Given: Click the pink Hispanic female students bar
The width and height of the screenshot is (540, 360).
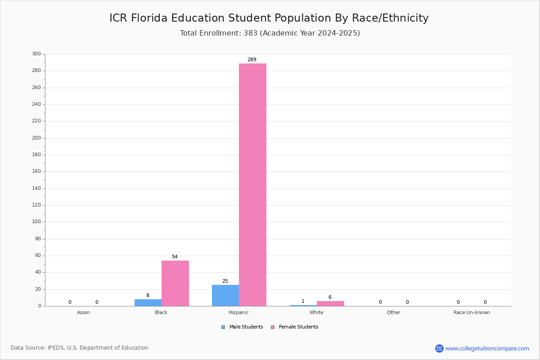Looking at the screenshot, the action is coord(252,184).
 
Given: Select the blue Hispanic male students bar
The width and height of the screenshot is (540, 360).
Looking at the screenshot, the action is coord(225,296).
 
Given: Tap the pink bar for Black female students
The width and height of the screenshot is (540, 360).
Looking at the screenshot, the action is coord(175,283).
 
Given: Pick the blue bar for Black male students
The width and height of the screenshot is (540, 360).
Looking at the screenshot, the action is coord(148,302).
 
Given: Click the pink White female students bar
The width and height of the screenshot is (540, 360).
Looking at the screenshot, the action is coord(330,304).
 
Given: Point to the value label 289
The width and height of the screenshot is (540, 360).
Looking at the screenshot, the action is coord(252,59).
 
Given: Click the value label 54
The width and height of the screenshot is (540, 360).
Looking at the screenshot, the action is coord(175,256).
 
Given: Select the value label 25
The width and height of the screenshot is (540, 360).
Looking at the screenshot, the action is coord(225,281).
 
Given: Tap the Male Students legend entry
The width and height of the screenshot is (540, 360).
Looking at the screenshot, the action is coord(242,327).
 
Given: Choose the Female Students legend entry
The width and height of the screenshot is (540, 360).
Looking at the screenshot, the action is coord(295,327).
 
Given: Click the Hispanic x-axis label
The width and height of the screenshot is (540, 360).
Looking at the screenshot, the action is coord(238,312).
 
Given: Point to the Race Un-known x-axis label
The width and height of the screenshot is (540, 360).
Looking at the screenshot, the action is coord(472,312).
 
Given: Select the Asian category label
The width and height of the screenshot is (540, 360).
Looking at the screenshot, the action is coord(83,312).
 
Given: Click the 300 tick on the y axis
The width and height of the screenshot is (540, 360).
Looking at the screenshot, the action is coord(36,54).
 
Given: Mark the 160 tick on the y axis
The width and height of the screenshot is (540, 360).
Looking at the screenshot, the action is coord(36,171).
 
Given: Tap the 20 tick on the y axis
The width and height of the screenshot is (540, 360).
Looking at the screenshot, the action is coord(38,289).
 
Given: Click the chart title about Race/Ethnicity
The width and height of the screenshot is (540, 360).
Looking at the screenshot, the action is coord(269,18).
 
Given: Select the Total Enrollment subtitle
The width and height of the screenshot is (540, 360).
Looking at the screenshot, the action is coord(270,33).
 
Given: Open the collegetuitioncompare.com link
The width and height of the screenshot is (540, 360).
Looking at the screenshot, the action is coord(487,349).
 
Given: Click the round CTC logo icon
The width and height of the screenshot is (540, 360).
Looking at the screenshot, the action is coord(440,349).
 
